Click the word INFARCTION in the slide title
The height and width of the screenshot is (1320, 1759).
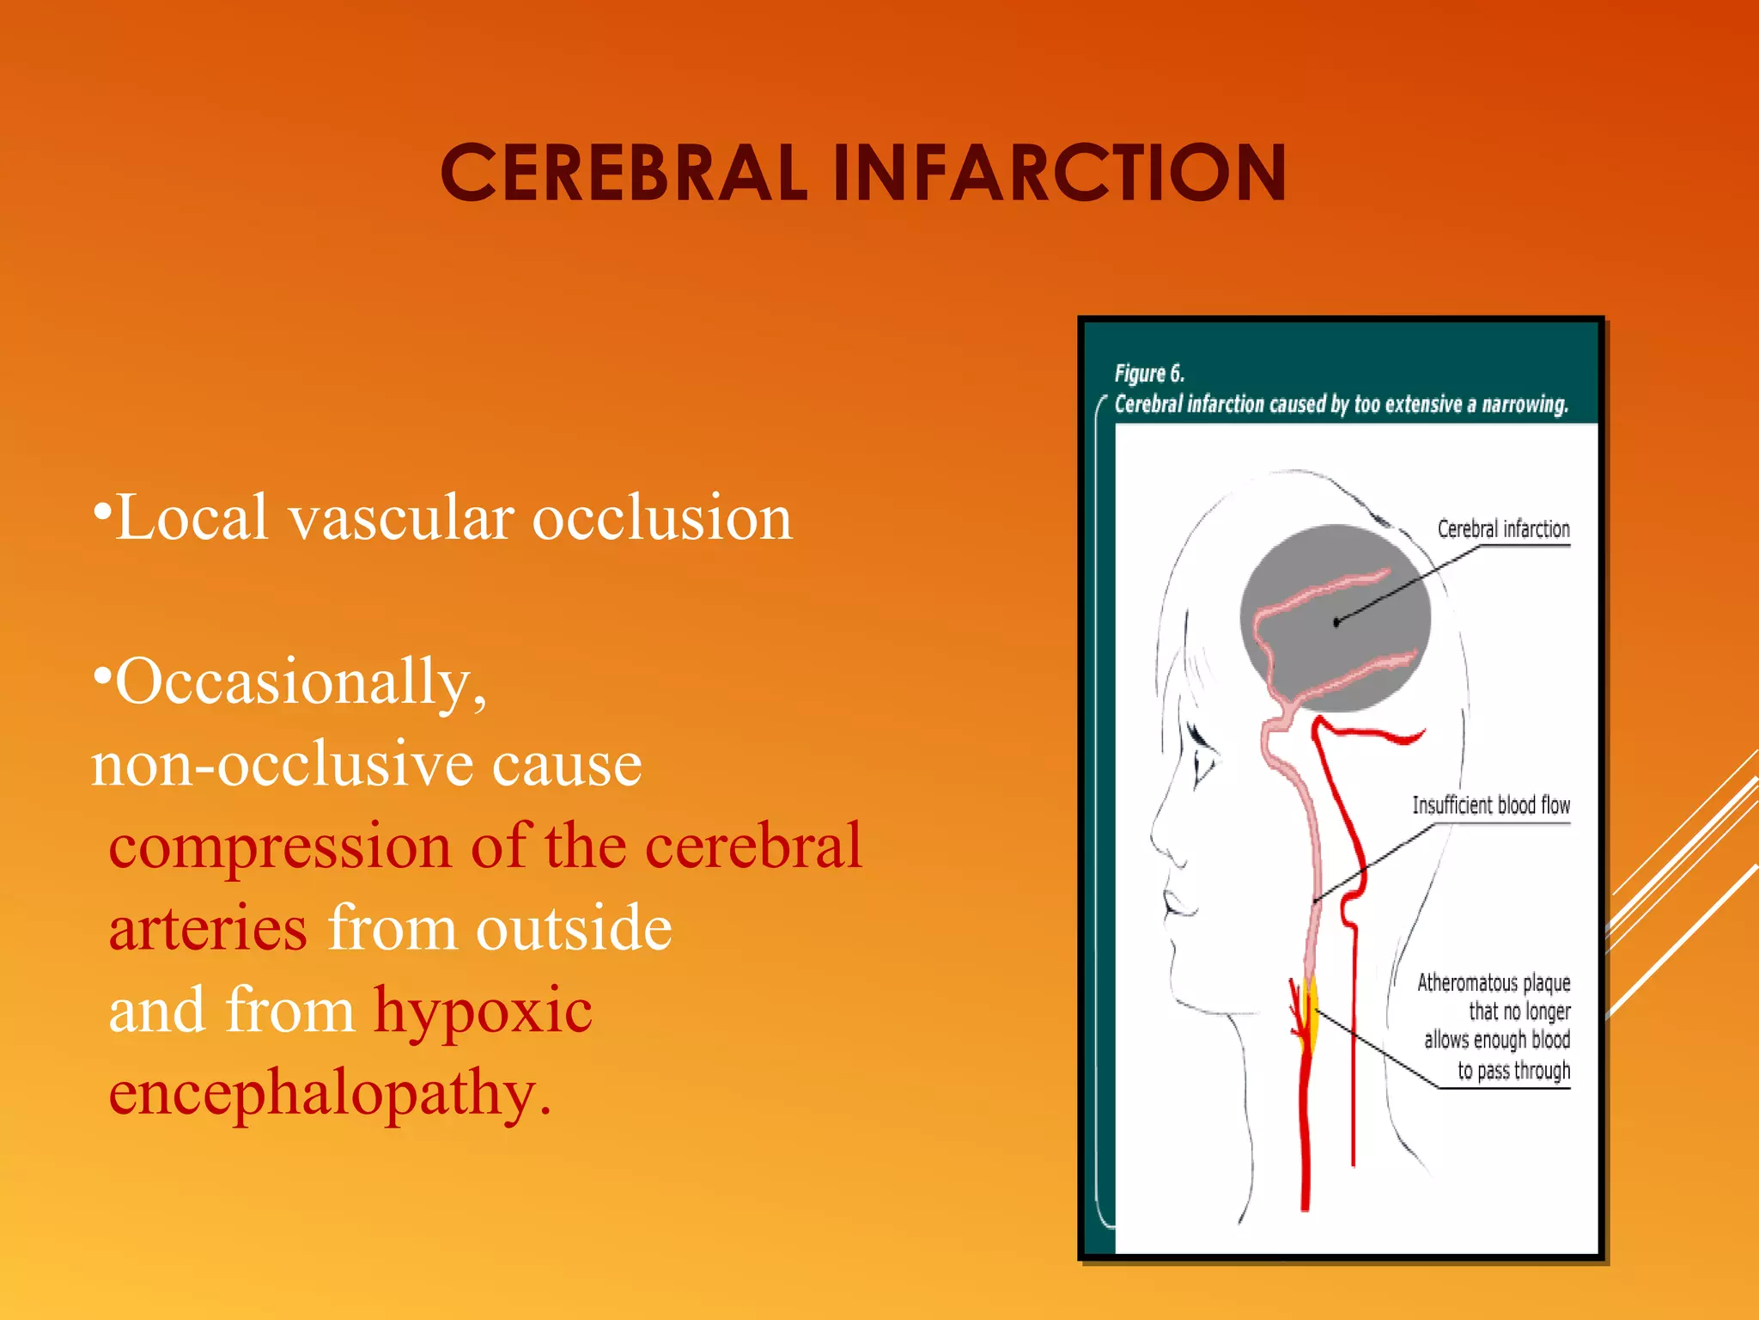[1059, 174]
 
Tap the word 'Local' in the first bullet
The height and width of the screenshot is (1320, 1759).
[192, 518]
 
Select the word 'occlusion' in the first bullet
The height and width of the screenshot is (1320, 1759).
[662, 518]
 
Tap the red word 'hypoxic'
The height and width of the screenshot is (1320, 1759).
[483, 1011]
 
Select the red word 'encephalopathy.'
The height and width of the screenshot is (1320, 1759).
[330, 1094]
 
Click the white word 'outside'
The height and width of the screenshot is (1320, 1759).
[574, 929]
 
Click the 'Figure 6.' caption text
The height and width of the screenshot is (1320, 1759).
[1149, 374]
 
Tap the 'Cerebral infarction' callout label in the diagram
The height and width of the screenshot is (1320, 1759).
[1503, 529]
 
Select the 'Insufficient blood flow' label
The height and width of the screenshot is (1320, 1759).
[1491, 805]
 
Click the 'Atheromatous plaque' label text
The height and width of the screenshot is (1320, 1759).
[1494, 982]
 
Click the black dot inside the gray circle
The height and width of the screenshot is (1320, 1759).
[1336, 622]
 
